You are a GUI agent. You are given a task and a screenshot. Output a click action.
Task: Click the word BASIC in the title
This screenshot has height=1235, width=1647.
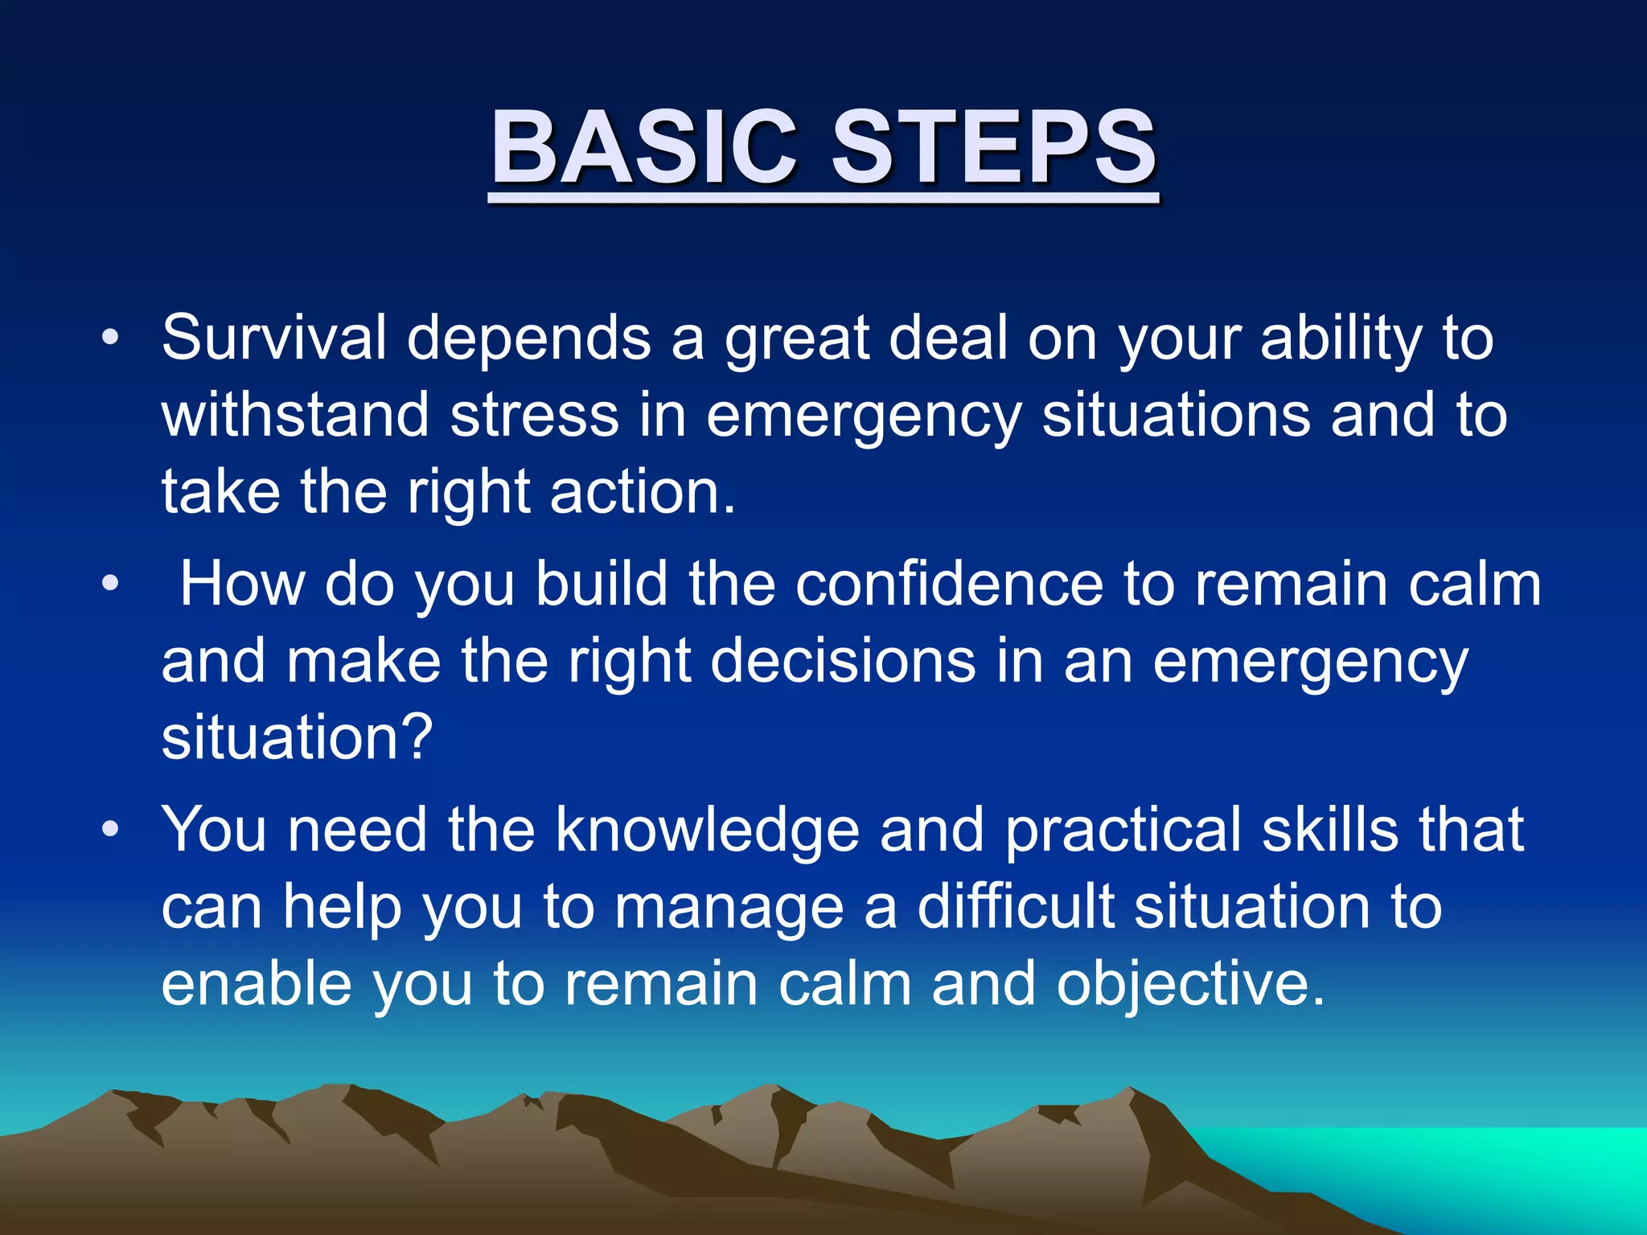(643, 149)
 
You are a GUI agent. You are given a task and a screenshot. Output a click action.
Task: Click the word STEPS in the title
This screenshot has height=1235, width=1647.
(994, 149)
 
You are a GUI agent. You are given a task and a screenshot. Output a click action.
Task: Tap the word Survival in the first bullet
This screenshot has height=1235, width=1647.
(273, 338)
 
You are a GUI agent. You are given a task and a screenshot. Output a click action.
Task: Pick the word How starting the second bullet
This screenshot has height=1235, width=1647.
(241, 584)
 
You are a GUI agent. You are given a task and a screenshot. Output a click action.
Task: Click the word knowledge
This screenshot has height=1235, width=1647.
(707, 830)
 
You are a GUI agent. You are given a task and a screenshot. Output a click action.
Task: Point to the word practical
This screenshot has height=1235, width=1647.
(1123, 830)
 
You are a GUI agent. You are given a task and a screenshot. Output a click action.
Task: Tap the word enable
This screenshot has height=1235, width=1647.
(257, 984)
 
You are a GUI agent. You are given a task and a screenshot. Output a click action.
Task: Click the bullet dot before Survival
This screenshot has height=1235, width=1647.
(110, 338)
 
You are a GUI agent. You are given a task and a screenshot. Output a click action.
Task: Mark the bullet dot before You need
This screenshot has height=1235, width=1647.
(110, 829)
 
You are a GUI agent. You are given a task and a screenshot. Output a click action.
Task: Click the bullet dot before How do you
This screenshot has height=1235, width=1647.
(110, 584)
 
